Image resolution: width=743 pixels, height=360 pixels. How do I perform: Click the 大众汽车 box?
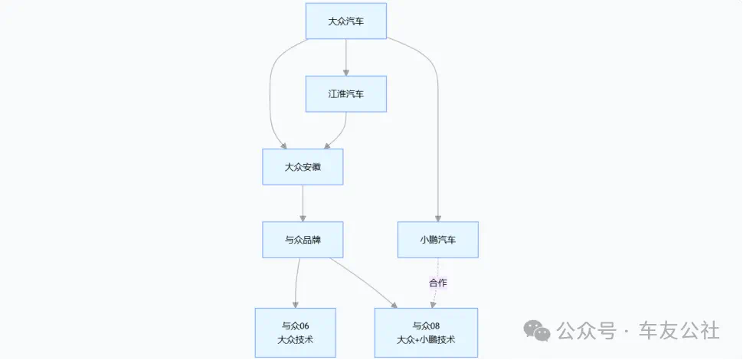pos(345,21)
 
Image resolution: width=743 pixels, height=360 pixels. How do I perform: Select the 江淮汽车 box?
pos(345,94)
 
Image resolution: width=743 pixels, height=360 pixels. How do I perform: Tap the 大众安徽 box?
pos(303,166)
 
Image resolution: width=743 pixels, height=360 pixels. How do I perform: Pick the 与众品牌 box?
pos(303,240)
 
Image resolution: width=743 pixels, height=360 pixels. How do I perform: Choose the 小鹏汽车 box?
pos(438,240)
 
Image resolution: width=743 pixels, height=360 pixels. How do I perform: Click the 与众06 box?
pos(295,332)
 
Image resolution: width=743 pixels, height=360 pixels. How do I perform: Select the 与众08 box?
pos(426,332)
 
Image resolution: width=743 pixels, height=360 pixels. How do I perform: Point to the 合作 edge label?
pos(438,283)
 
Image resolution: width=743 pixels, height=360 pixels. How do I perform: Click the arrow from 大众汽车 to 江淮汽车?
pos(346,57)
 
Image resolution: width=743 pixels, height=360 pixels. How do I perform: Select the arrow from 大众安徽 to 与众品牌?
pos(303,203)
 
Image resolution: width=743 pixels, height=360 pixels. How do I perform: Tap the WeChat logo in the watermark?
pos(536,331)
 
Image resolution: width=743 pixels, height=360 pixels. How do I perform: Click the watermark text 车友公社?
pos(681,331)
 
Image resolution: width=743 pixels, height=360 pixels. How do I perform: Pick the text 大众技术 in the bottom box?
pos(295,339)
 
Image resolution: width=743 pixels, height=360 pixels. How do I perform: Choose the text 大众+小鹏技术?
pos(426,339)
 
